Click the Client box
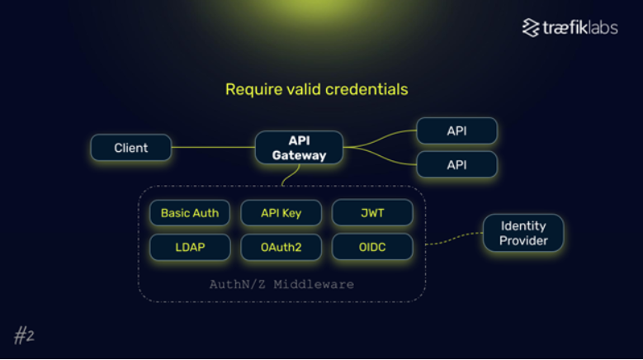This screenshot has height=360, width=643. tap(130, 148)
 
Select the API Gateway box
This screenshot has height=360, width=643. tap(299, 148)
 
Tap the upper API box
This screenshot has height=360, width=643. tap(456, 130)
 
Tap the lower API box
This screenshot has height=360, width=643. tap(456, 164)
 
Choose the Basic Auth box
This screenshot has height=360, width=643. tap(190, 213)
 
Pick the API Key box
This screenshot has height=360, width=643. tap(281, 213)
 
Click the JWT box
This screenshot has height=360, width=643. tap(372, 213)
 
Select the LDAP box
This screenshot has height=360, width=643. tap(190, 247)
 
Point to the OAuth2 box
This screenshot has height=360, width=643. tap(281, 247)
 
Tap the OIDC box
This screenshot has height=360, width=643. tap(372, 247)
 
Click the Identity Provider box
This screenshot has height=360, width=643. tap(523, 233)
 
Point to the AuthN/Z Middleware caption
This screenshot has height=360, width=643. tap(281, 284)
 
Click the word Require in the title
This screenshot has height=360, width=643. tap(254, 90)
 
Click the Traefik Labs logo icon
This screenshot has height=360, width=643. tap(531, 27)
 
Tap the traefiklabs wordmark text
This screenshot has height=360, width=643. tap(580, 28)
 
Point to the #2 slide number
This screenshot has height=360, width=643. tap(24, 335)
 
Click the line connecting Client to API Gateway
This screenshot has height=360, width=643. tap(213, 147)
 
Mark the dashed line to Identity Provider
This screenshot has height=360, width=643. tap(454, 239)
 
